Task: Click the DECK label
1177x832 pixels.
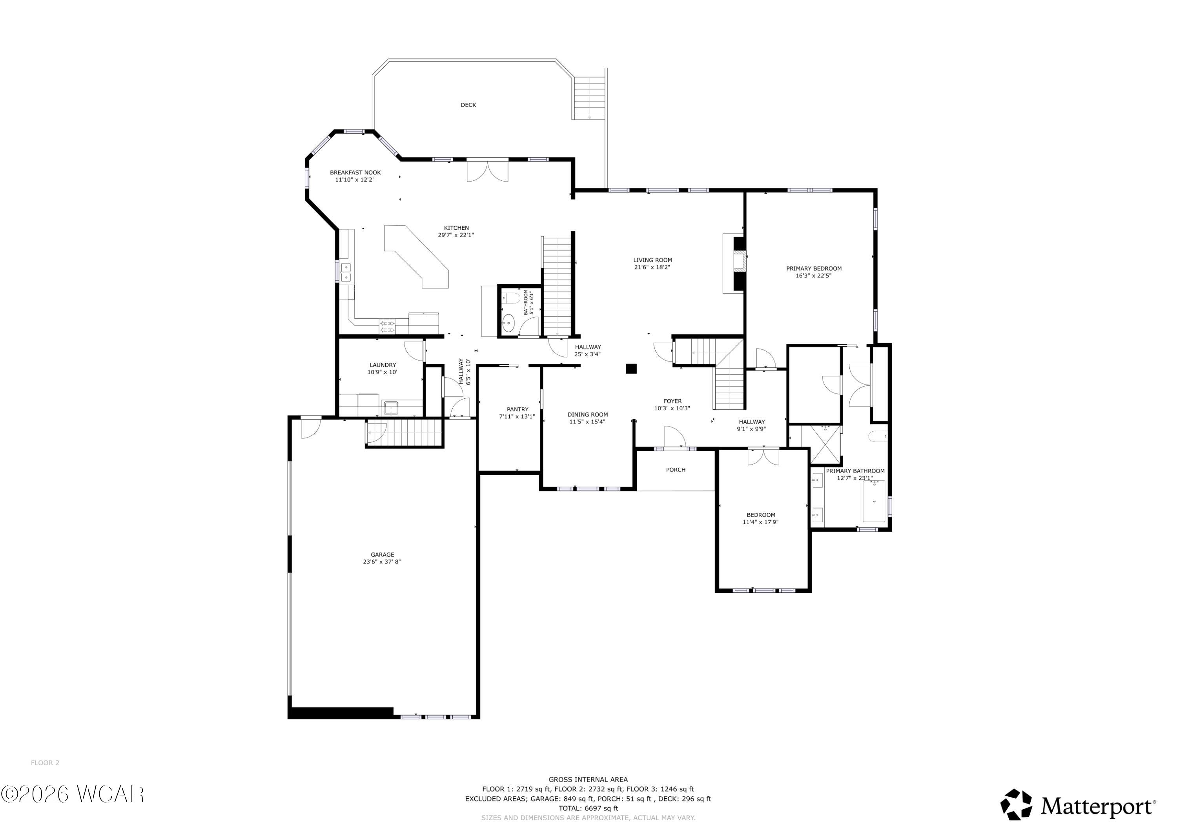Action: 468,105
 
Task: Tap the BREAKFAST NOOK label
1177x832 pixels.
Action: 355,173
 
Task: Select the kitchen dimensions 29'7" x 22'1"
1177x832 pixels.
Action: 456,235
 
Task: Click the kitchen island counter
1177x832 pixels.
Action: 420,259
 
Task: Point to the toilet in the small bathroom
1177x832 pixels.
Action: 512,298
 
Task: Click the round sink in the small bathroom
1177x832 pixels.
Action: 508,323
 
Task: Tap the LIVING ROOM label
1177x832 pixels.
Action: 652,260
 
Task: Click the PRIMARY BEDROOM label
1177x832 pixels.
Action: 814,269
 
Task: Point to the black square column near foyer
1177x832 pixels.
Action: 631,368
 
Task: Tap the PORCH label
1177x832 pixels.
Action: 675,470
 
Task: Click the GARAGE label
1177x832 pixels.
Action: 383,555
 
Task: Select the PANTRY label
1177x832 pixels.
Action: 517,409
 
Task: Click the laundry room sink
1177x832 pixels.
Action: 391,408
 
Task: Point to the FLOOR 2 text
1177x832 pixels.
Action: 45,763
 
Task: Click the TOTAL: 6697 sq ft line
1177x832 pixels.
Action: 588,808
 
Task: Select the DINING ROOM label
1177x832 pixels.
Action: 587,415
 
